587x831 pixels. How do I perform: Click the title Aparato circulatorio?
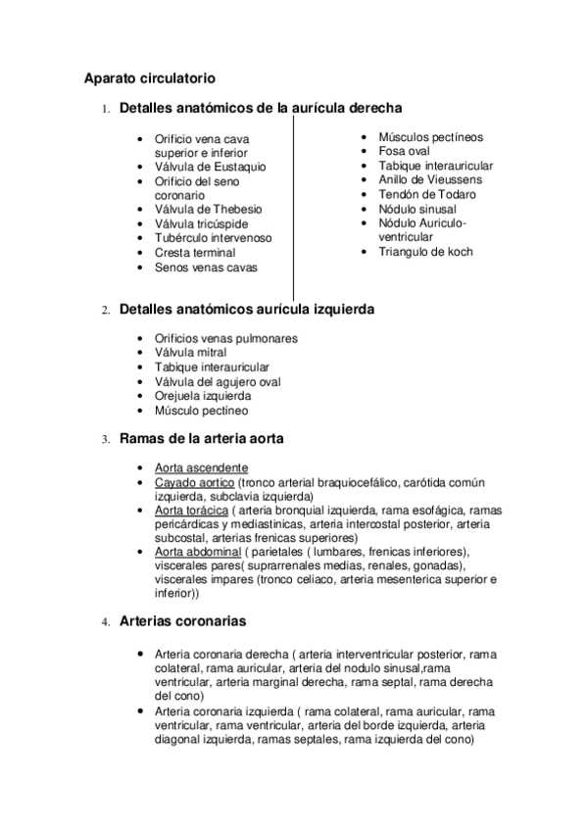click(149, 76)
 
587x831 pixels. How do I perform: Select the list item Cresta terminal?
click(195, 253)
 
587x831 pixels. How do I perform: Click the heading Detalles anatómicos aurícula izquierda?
click(246, 310)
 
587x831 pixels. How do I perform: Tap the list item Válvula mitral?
click(190, 353)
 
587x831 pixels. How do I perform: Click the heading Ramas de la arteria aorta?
click(202, 439)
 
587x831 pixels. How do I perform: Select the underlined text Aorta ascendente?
click(201, 467)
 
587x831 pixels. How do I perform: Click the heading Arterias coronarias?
click(182, 622)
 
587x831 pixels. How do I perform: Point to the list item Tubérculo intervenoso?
click(213, 238)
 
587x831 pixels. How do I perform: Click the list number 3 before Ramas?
click(105, 440)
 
